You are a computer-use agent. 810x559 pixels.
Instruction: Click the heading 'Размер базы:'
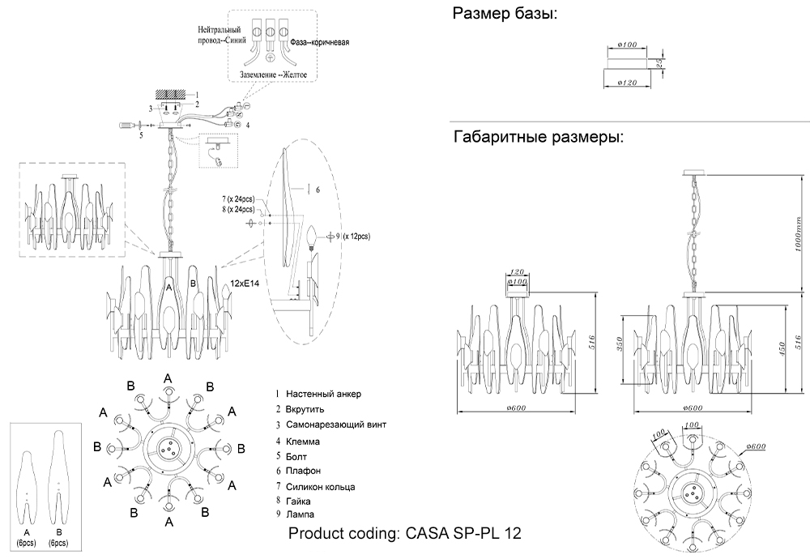point(505,14)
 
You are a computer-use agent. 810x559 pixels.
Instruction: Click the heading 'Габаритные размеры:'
point(538,137)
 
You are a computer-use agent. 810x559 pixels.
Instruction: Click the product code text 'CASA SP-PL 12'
point(463,533)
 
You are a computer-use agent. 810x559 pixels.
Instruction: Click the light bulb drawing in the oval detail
point(313,237)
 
